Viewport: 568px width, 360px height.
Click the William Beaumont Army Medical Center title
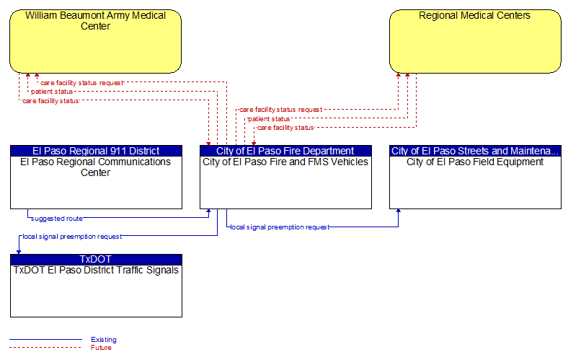[x=95, y=21]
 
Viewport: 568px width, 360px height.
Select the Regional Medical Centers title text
[x=474, y=15]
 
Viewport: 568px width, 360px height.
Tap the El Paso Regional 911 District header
[x=96, y=151]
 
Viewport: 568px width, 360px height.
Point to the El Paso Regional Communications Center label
[x=95, y=167]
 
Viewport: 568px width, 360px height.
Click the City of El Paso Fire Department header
[x=285, y=151]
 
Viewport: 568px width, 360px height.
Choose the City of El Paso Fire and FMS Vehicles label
[x=285, y=162]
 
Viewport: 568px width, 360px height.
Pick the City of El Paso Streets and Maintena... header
[x=475, y=151]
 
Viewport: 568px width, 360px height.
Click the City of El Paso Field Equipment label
[x=475, y=162]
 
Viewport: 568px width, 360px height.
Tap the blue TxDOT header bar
[x=96, y=259]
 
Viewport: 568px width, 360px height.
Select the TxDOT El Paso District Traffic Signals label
[x=96, y=270]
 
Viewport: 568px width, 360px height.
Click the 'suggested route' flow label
[x=57, y=219]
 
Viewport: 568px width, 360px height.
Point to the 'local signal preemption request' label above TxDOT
[x=72, y=237]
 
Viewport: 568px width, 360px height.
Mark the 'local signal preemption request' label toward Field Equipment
[x=280, y=227]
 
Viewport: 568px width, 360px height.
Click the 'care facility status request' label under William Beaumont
[x=82, y=83]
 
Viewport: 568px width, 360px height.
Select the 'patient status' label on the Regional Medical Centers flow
[x=269, y=119]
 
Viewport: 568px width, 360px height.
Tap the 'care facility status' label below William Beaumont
[x=50, y=101]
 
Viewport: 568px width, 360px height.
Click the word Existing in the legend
[x=104, y=340]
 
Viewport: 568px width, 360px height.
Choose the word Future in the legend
[x=101, y=348]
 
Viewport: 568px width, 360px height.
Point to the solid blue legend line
[x=45, y=340]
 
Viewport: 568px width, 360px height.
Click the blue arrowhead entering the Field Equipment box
[x=398, y=211]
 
